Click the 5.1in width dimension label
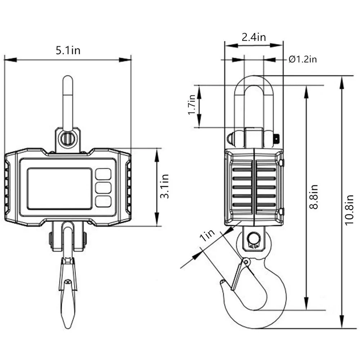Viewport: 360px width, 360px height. pyautogui.click(x=68, y=50)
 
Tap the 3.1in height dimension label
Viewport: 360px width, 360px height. pyautogui.click(x=165, y=186)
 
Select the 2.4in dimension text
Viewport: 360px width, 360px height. pyautogui.click(x=253, y=37)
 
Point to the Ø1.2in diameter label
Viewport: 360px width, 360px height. pyautogui.click(x=302, y=59)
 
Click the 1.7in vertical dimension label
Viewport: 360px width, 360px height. pyautogui.click(x=192, y=105)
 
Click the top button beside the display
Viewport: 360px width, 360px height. pyautogui.click(x=103, y=174)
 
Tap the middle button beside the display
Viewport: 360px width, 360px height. pyautogui.click(x=103, y=188)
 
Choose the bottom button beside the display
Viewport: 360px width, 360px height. pyautogui.click(x=103, y=201)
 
